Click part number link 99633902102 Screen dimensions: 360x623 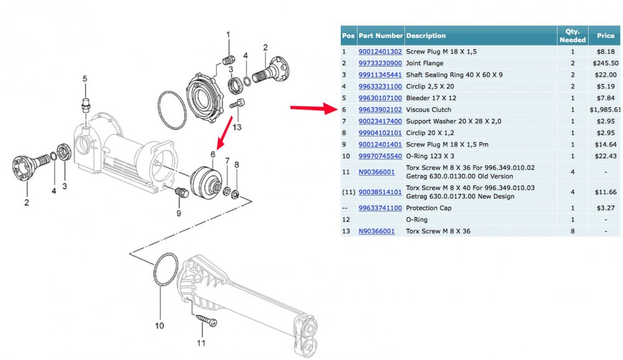[380, 109]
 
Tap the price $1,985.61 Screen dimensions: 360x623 [606, 109]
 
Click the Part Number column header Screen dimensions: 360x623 [381, 36]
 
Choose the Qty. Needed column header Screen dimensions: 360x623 [572, 36]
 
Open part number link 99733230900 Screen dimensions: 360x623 [380, 63]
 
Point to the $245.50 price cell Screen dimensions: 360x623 [606, 63]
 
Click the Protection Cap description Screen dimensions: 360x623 [429, 208]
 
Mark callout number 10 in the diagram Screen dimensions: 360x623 [159, 325]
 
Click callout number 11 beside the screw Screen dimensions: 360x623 [201, 342]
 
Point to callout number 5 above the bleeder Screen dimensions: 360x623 [86, 78]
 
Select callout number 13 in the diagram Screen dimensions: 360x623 [237, 128]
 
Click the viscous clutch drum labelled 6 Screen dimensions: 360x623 [207, 184]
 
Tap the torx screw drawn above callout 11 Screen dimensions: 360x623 [206, 321]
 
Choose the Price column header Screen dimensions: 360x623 [606, 36]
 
